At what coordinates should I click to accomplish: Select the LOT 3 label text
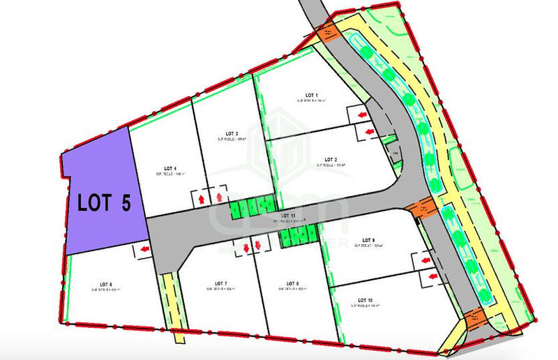pos(232,133)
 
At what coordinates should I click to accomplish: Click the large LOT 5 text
pos(104,202)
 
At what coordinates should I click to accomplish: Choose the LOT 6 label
pos(106,284)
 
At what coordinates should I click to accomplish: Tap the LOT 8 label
pos(293,284)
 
